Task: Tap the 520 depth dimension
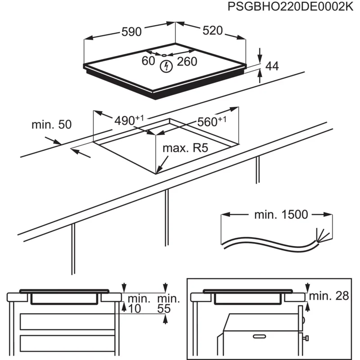[212, 30]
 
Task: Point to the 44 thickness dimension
[272, 66]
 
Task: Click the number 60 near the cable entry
[148, 61]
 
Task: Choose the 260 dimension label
[187, 62]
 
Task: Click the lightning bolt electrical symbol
[166, 67]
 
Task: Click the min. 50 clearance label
[51, 125]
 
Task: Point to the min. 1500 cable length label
[281, 215]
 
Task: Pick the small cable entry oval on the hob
[165, 55]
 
